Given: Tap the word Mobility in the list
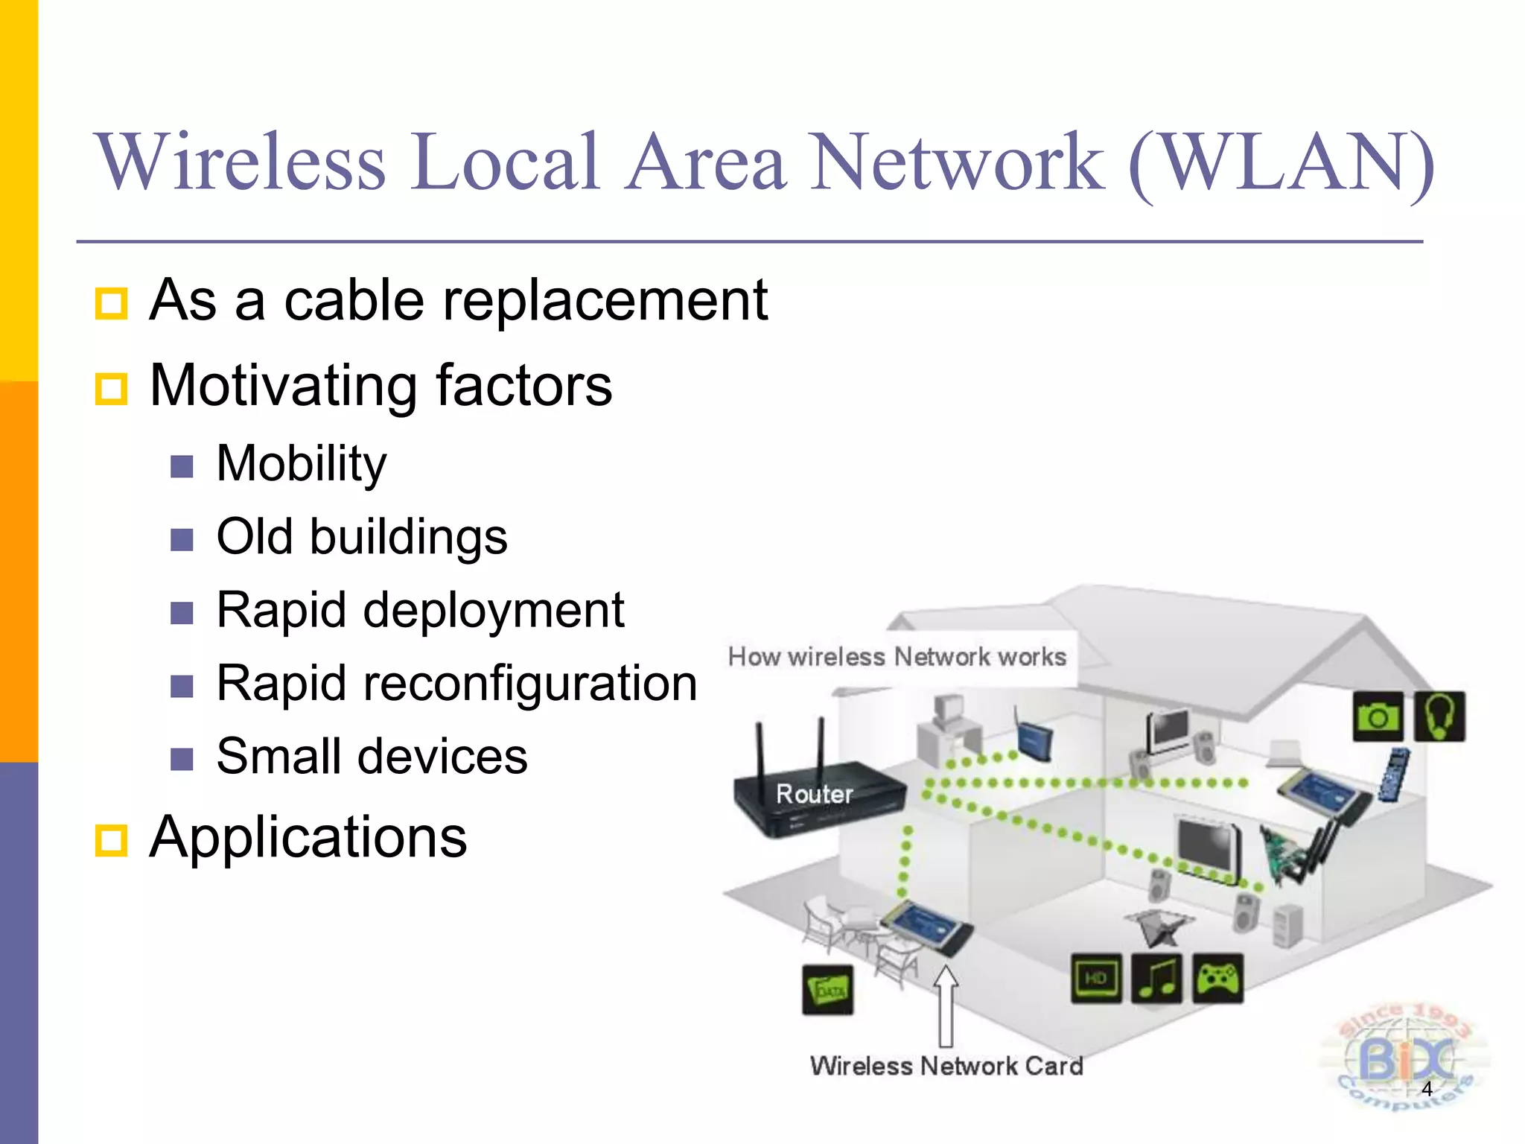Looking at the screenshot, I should [301, 463].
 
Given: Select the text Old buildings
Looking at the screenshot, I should [362, 536].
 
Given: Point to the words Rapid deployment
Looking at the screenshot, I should [420, 610].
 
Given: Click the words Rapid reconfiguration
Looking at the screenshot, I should [456, 683].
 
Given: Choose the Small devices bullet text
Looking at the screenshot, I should [372, 756].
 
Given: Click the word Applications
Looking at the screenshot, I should [308, 836].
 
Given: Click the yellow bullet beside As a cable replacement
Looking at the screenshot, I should [112, 303].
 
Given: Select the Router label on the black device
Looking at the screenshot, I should [814, 794].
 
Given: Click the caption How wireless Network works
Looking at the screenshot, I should [897, 657].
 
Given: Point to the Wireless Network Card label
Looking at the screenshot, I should [946, 1066].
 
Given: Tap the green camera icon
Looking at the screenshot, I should [1378, 716].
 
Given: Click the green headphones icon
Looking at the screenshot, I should [1439, 716].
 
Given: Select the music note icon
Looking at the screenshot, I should [1156, 978].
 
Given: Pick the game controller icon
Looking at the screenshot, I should [1217, 978].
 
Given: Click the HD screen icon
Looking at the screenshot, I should [1096, 978].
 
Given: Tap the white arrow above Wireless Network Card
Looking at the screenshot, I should [946, 1005].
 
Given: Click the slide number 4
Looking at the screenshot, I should [1427, 1088].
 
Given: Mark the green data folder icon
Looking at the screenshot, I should [828, 990].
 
